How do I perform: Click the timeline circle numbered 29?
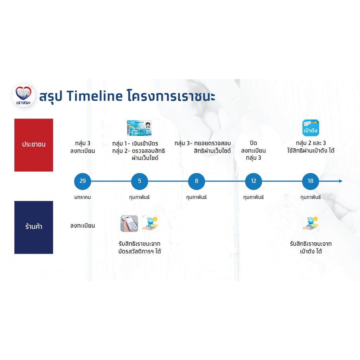82,181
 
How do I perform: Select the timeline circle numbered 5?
139,181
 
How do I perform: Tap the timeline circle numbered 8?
196,181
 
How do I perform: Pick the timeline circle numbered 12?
253,181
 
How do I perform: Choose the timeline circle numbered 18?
310,181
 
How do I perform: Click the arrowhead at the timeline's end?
341,181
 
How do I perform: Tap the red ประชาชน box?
34,145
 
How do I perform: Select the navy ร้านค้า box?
34,227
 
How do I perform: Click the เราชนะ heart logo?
24,95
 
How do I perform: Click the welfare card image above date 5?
139,128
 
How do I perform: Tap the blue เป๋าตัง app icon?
311,128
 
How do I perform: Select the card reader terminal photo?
129,224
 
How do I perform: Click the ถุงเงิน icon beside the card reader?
150,224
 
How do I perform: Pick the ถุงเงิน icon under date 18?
311,224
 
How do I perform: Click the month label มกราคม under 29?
82,197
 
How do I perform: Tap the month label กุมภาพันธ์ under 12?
253,197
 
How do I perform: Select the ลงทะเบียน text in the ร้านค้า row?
82,226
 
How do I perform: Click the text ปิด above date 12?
253,143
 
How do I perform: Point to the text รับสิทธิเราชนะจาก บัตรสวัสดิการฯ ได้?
139,247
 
